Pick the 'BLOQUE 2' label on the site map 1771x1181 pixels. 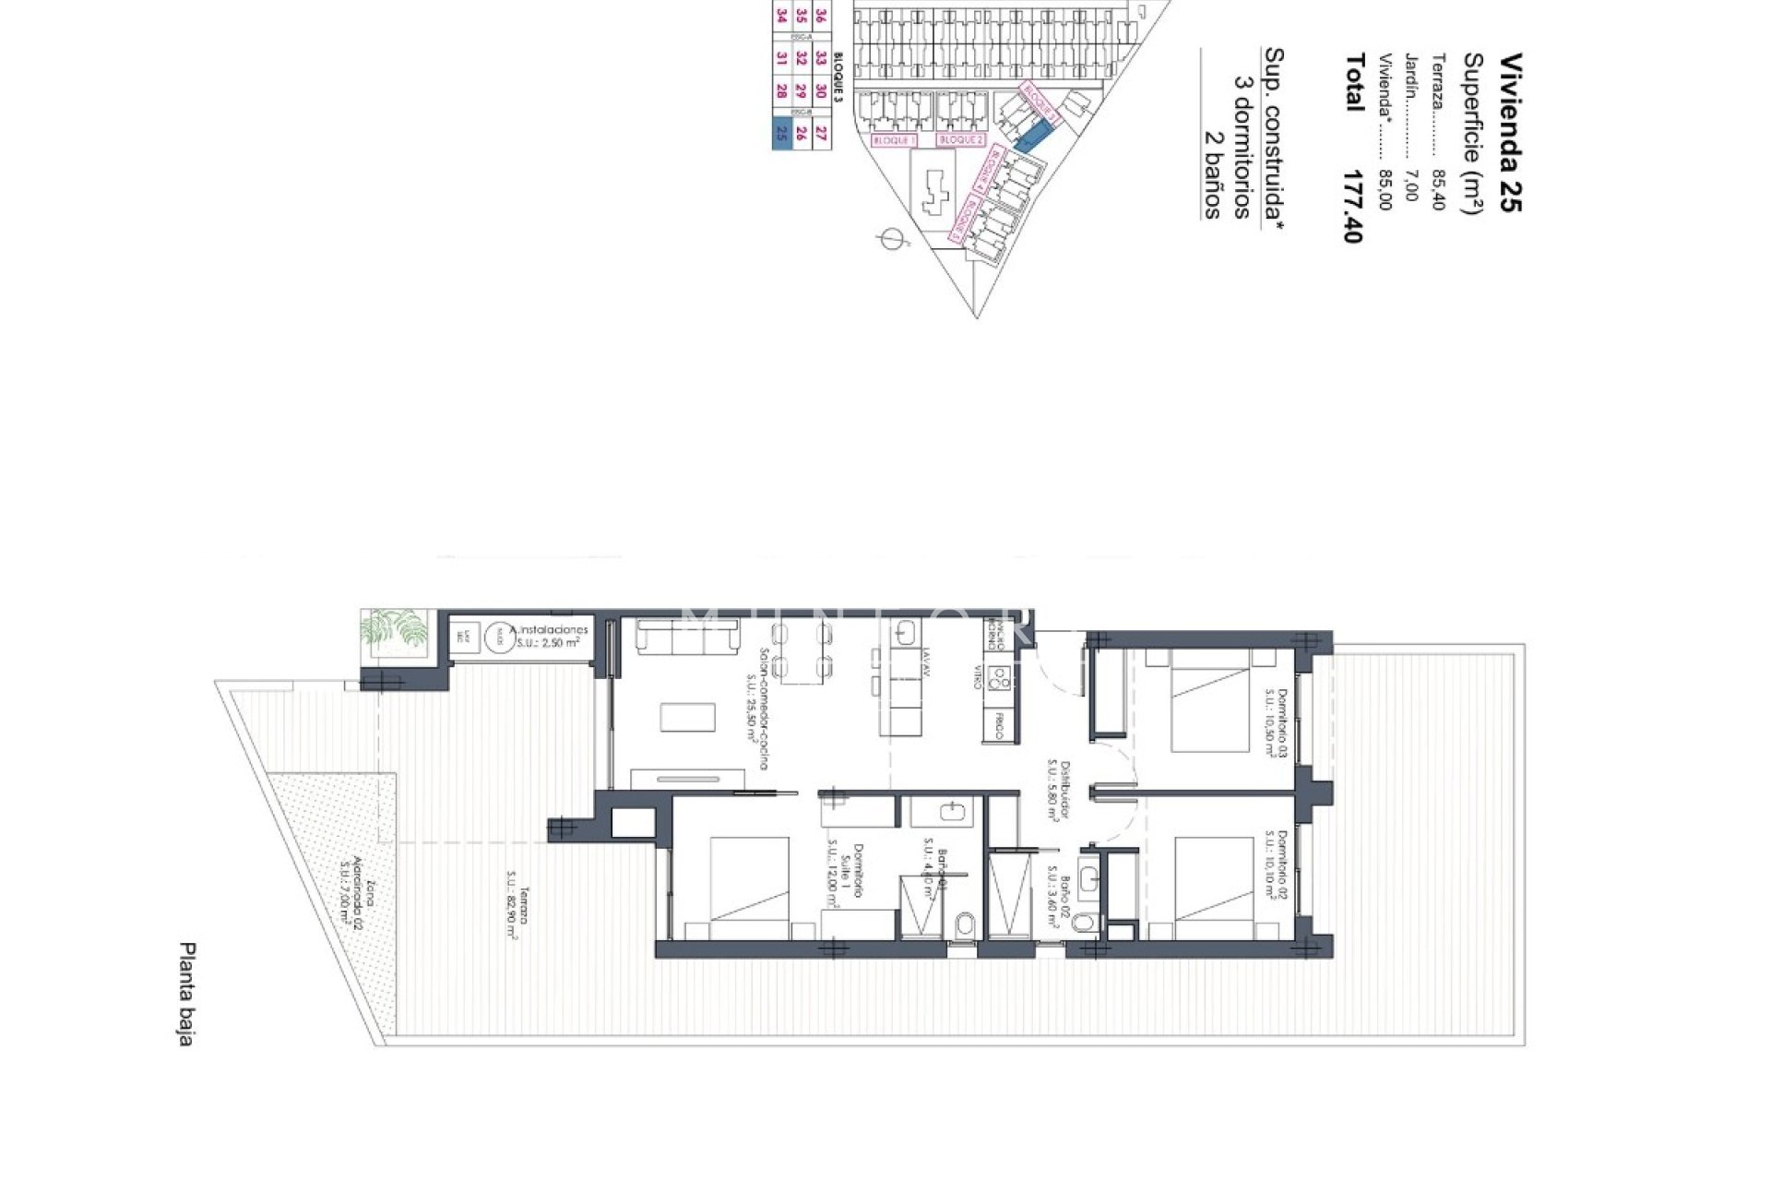[x=960, y=140]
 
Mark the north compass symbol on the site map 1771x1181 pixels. [x=890, y=240]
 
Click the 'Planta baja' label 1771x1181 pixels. [x=187, y=994]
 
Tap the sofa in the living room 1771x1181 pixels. [x=687, y=636]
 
